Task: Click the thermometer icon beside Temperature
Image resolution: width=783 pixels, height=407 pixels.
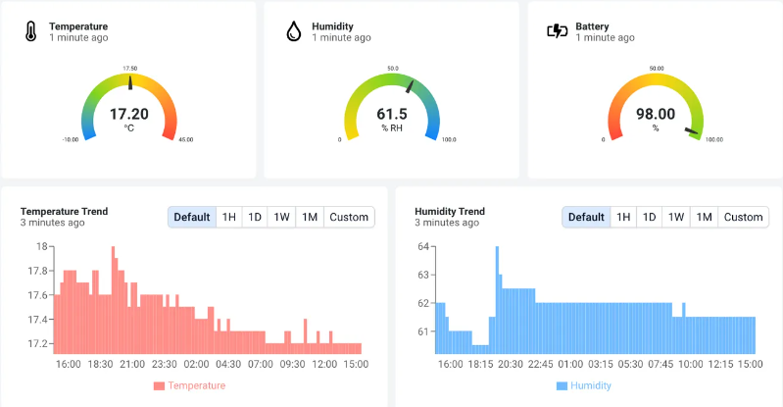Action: [30, 31]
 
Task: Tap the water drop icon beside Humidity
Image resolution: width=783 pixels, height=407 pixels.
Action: [293, 31]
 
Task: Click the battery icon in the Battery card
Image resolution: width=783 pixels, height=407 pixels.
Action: [557, 31]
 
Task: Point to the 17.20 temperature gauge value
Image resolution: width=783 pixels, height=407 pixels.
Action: [129, 114]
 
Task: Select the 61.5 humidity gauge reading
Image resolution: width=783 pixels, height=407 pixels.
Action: [392, 114]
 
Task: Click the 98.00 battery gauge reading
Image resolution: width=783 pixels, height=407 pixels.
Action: [656, 114]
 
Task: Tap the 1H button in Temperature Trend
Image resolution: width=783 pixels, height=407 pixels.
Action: [228, 217]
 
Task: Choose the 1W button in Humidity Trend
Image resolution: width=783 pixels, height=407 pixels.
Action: [675, 217]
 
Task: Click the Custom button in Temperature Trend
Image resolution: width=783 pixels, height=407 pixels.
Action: [349, 217]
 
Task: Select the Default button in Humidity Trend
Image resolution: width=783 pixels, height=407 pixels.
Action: [586, 217]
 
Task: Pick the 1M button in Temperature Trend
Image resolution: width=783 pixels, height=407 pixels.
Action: [309, 217]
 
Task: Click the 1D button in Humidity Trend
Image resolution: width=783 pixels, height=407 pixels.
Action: [649, 217]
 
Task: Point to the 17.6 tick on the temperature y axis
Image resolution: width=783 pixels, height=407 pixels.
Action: [37, 295]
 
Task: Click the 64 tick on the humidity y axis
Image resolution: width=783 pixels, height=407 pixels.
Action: [424, 247]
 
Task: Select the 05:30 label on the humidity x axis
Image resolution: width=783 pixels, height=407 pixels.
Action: [630, 364]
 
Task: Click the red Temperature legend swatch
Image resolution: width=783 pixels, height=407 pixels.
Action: [159, 386]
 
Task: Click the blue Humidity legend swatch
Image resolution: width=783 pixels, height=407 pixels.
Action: [562, 386]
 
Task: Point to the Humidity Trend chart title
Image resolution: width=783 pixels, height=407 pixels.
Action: [450, 211]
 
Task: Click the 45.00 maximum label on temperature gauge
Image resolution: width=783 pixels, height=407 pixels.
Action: [185, 140]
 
